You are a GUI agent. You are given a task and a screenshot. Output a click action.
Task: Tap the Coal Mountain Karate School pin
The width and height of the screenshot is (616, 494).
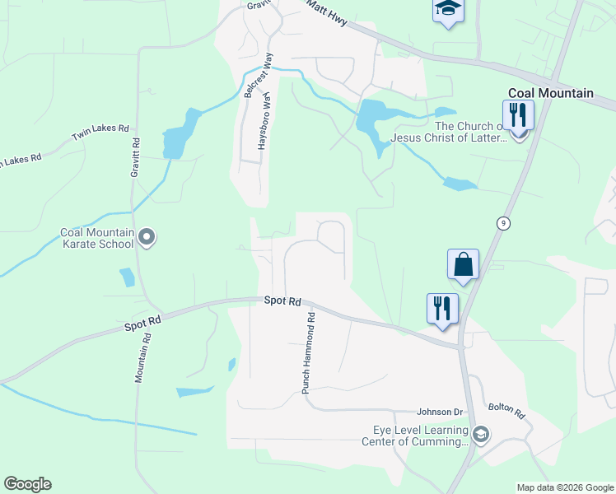(x=147, y=238)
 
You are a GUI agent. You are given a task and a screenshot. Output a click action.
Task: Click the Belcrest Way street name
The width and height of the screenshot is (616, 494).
(x=255, y=76)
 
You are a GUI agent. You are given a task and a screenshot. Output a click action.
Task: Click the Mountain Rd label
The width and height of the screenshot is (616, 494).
(x=142, y=356)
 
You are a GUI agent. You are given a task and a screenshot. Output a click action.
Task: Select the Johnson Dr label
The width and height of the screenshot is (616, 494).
(x=439, y=412)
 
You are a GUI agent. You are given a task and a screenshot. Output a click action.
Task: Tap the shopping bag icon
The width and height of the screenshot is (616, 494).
(x=464, y=264)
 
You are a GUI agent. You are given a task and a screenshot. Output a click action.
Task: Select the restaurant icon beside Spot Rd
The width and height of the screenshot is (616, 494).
(x=442, y=308)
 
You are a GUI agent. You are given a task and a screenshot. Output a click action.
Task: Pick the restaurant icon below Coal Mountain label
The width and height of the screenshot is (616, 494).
(x=518, y=114)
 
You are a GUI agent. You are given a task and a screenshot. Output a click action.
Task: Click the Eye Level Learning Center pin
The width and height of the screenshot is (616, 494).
(x=481, y=433)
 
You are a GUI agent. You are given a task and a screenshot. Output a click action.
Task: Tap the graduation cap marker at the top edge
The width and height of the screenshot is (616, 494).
(x=448, y=9)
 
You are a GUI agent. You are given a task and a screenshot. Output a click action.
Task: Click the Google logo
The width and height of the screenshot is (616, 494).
(x=27, y=484)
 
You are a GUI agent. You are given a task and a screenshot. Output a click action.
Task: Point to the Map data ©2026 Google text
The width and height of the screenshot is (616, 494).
(x=564, y=487)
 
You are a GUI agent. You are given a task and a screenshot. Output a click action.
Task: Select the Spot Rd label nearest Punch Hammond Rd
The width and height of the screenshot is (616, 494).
(x=282, y=301)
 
